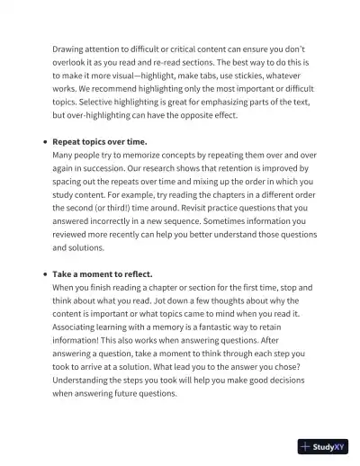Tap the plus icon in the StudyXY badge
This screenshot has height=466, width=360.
point(307,445)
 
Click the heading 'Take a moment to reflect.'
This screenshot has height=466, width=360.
point(102,273)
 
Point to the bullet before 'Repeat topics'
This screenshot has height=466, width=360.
point(45,142)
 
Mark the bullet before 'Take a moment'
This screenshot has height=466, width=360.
point(45,273)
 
